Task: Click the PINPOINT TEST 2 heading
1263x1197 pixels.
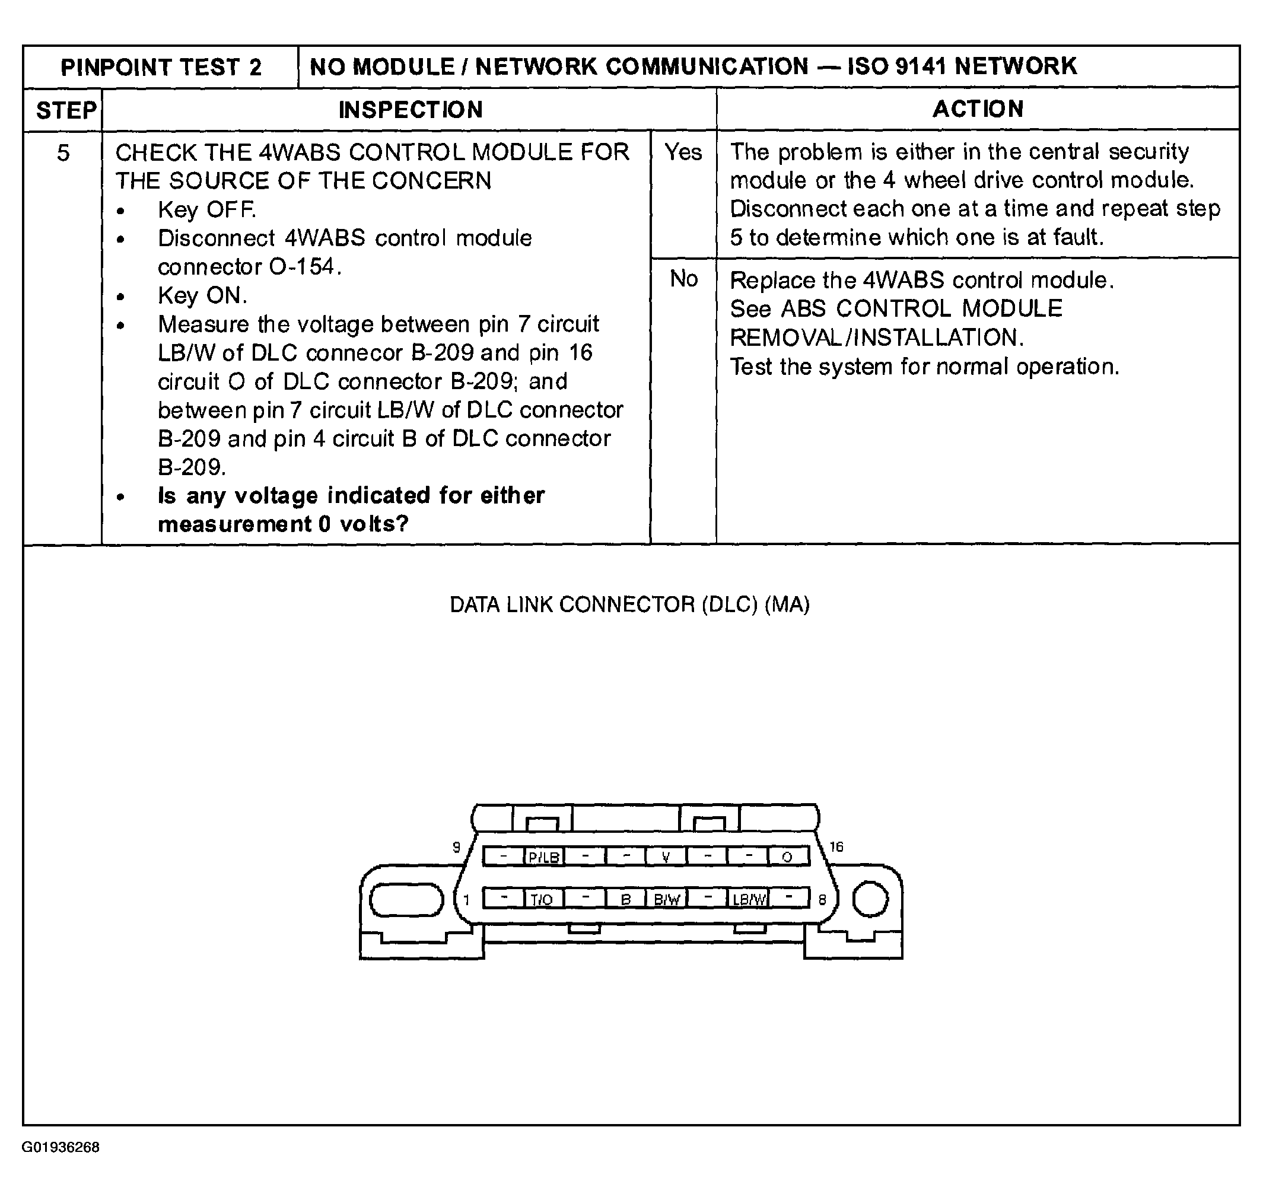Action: [x=161, y=67]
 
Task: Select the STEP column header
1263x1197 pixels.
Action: [x=66, y=110]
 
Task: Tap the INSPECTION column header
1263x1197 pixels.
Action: [x=411, y=110]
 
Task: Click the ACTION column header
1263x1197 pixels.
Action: [x=978, y=109]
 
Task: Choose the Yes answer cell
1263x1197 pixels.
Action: [x=683, y=152]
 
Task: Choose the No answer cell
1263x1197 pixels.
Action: [x=683, y=279]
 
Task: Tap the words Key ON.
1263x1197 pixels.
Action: [x=202, y=295]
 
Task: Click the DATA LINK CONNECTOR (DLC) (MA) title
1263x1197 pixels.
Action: [x=629, y=604]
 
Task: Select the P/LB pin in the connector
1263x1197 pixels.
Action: [x=544, y=857]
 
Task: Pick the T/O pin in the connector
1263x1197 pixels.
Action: [x=542, y=900]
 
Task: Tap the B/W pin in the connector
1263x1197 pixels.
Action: [x=666, y=900]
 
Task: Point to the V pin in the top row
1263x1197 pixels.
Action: [x=666, y=857]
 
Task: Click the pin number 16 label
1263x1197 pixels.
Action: [x=836, y=846]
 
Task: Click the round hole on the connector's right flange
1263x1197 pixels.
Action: [x=870, y=899]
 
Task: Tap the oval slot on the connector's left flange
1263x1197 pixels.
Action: [x=406, y=899]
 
